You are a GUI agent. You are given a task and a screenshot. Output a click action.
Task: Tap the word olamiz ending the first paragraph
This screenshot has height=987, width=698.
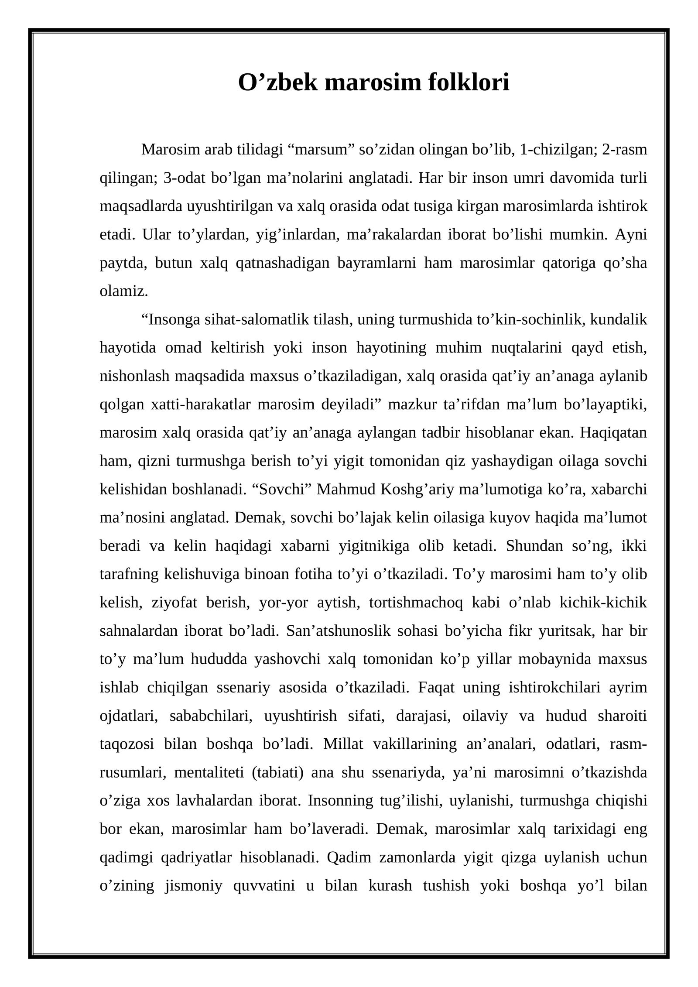pyautogui.click(x=123, y=291)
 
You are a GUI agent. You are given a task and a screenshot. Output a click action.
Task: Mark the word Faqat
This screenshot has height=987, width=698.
pyautogui.click(x=436, y=687)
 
